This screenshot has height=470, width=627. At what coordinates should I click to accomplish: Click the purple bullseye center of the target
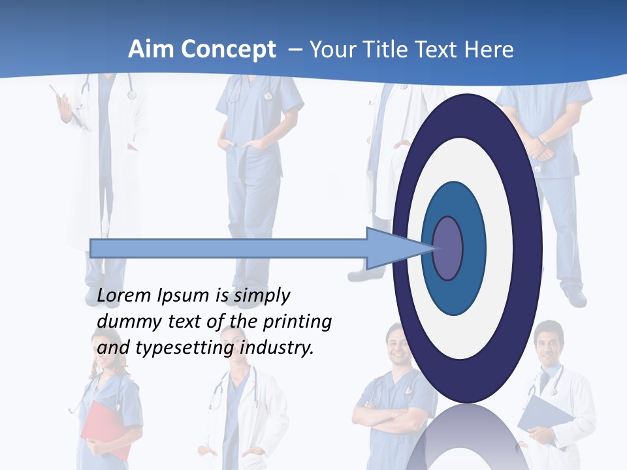click(447, 248)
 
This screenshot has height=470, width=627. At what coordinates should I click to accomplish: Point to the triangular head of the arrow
click(392, 248)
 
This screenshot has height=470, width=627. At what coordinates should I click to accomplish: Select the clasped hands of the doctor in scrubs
click(539, 147)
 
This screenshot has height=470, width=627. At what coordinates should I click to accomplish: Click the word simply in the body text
click(261, 296)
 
